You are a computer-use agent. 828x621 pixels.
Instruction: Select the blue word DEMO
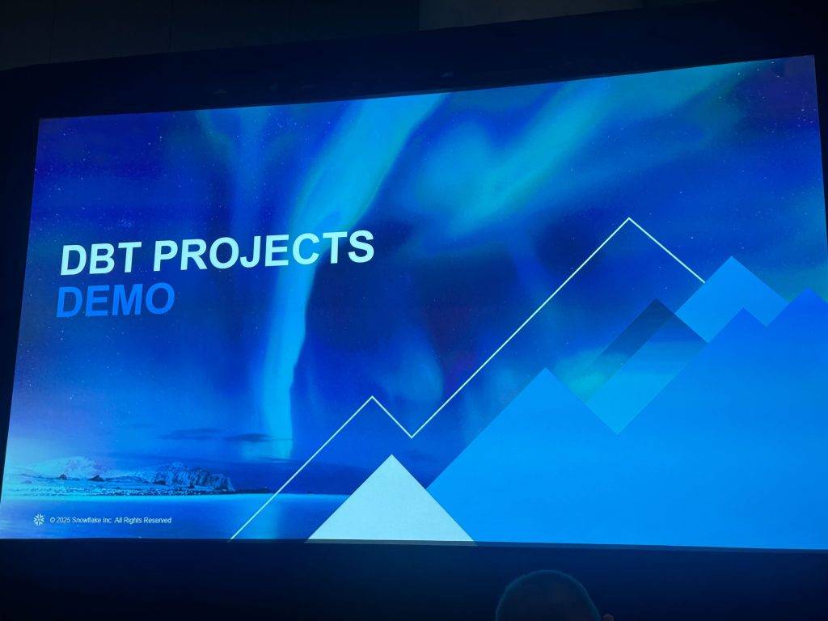(116, 300)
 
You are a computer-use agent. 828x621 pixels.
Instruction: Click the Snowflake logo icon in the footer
(39, 520)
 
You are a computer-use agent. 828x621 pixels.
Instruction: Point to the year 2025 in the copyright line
(62, 520)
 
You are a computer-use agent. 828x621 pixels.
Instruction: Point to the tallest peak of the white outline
(629, 218)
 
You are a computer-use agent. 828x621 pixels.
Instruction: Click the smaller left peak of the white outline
(373, 397)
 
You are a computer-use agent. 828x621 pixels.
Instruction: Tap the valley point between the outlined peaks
(412, 437)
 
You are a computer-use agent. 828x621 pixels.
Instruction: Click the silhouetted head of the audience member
(547, 597)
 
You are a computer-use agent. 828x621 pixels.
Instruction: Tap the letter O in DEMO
(159, 299)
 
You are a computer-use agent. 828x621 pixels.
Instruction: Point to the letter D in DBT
(74, 260)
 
